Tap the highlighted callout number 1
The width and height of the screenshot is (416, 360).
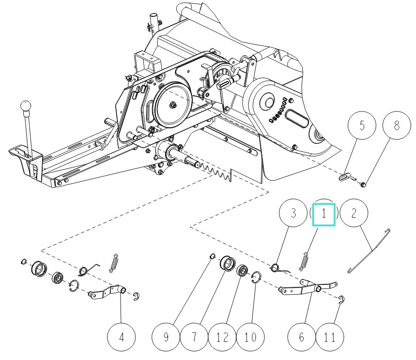click(323, 214)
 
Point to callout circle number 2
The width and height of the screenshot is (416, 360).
click(354, 214)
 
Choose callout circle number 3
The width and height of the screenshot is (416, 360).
click(294, 214)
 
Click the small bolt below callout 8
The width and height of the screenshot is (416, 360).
click(363, 184)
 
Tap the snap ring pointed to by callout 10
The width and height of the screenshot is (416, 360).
click(256, 278)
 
